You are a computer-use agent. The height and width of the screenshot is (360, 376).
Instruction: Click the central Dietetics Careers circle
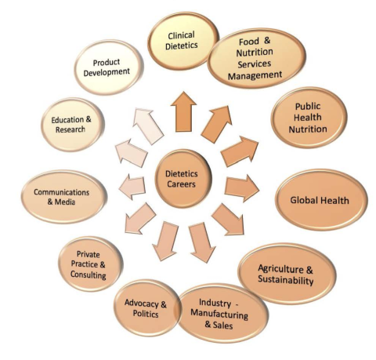(x=183, y=179)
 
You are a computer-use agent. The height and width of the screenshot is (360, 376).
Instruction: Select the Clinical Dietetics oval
(x=183, y=41)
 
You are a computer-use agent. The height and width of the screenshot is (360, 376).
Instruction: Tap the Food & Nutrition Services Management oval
(x=257, y=58)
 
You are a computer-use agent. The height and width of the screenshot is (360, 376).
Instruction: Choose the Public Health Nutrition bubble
(x=309, y=118)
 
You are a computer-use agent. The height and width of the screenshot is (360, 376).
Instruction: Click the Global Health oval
(x=321, y=200)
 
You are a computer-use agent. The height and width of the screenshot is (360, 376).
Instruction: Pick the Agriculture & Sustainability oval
(x=287, y=274)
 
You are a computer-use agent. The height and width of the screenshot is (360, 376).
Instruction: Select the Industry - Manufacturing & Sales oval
(x=222, y=314)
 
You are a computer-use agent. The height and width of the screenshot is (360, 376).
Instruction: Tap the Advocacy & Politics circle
(x=146, y=308)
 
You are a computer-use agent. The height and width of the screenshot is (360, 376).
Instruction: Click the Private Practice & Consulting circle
(x=90, y=264)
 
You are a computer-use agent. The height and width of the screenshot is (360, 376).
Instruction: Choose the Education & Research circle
(x=73, y=125)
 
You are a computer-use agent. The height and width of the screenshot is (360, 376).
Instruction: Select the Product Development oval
(x=108, y=67)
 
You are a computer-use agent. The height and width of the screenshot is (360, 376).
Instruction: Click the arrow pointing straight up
(x=183, y=111)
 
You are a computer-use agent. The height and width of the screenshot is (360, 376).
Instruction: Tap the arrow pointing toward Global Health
(x=241, y=188)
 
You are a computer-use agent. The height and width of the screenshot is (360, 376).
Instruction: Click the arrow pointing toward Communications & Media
(x=132, y=187)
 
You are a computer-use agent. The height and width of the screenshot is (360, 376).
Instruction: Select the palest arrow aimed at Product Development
(x=148, y=125)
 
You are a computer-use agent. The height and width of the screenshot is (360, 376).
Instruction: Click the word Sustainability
(x=286, y=280)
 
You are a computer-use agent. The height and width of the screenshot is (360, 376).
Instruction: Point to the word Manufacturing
(x=219, y=314)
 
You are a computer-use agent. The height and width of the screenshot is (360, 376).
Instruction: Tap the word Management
(x=255, y=75)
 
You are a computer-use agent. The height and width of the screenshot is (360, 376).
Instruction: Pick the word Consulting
(x=88, y=275)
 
